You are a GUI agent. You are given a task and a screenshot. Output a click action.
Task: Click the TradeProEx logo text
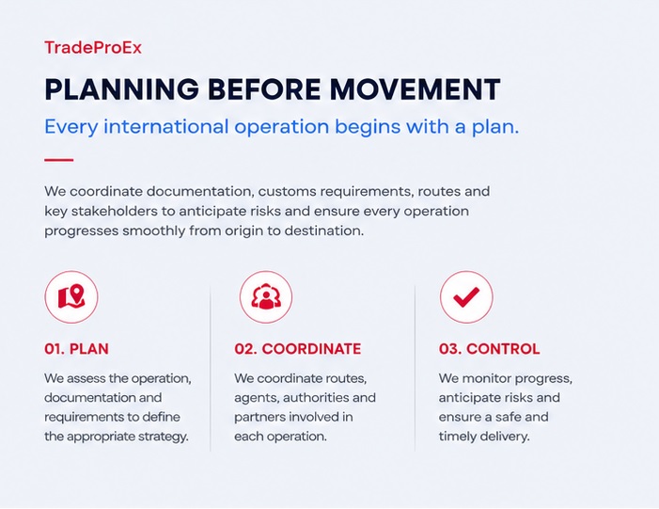[93, 47]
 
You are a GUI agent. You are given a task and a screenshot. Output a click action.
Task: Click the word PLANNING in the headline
[122, 89]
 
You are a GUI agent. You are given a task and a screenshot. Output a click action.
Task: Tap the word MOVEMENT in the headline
[415, 89]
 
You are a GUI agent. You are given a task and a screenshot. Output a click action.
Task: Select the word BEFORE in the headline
[264, 89]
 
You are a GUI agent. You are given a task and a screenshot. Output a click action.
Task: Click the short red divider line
[59, 160]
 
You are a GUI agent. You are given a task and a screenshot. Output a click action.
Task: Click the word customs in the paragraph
[287, 191]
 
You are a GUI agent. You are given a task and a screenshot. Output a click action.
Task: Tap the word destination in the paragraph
[324, 231]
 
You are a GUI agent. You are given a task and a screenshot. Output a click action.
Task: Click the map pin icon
[71, 297]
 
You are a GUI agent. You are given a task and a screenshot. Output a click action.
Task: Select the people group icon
[266, 297]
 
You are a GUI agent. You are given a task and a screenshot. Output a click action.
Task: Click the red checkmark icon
[466, 297]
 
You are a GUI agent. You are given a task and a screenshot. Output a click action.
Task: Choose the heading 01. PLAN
[76, 349]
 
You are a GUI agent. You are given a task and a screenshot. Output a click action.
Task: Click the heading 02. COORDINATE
[298, 349]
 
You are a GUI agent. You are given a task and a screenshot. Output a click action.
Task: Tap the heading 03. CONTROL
[489, 349]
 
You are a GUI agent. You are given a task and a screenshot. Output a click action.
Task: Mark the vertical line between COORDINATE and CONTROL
[415, 368]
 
